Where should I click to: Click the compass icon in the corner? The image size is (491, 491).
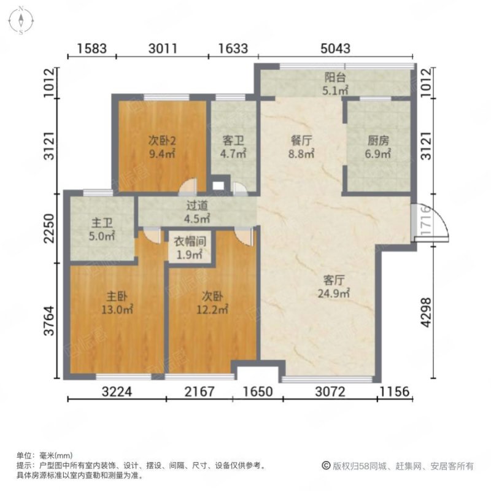coord(21,21)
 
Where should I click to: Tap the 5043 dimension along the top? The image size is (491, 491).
coord(335,48)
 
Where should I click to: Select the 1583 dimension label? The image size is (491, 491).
coord(91,48)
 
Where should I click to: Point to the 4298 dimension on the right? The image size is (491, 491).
coord(426,312)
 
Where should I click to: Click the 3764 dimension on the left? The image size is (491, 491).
coord(49,320)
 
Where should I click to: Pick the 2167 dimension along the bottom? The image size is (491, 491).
coord(199,392)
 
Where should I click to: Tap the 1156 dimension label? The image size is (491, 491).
coord(395,392)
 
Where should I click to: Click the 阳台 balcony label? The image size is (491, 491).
coord(334,77)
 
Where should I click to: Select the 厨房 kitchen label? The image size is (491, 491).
coord(378,141)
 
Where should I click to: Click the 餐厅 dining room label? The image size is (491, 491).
coord(301,141)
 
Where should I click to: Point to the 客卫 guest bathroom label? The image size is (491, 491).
coord(233,141)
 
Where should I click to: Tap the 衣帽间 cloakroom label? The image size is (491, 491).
coord(190,241)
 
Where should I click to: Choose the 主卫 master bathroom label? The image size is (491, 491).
coord(102,223)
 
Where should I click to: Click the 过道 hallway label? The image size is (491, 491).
coord(197,206)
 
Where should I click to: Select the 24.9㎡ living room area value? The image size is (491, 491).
coord(334,294)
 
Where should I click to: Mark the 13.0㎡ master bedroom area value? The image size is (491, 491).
coord(117,310)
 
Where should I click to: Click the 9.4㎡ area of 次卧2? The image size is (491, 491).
coord(162,154)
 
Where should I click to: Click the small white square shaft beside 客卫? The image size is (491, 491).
coord(218,186)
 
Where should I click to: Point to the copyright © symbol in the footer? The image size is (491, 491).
coord(326,466)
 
